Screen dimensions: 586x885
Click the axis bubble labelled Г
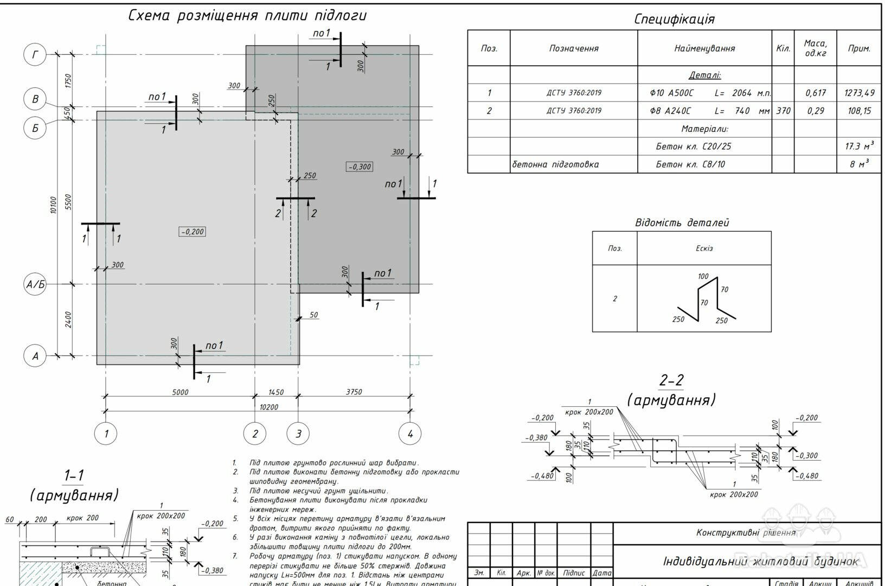coord(36,54)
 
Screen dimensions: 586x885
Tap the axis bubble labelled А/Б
coord(35,284)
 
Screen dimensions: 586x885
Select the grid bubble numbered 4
coord(410,434)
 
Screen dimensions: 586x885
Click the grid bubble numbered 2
coord(255,434)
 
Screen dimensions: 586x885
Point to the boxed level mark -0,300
coord(360,167)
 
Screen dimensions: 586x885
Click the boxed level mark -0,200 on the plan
coord(192,232)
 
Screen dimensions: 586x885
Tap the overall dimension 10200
coord(268,407)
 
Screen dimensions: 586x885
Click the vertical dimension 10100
coord(53,205)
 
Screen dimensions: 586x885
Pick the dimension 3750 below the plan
coord(354,392)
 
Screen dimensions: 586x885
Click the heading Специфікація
coord(674,20)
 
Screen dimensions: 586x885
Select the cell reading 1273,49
coord(859,93)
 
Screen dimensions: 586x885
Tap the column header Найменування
coord(704,48)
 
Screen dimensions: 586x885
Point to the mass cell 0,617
coord(815,93)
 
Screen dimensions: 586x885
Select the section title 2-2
coord(671,380)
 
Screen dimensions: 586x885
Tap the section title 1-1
coord(74,476)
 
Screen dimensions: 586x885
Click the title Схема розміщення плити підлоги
coord(247,15)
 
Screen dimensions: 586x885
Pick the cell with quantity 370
coord(783,111)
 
